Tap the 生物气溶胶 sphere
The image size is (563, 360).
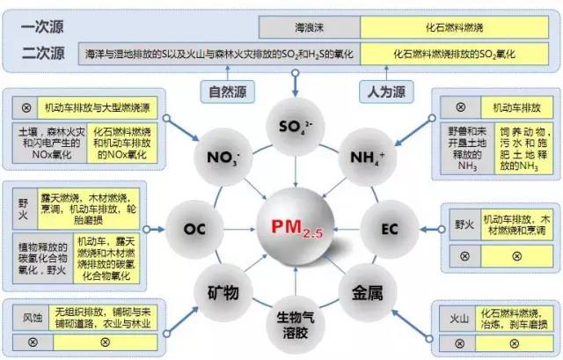tap(293, 326)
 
